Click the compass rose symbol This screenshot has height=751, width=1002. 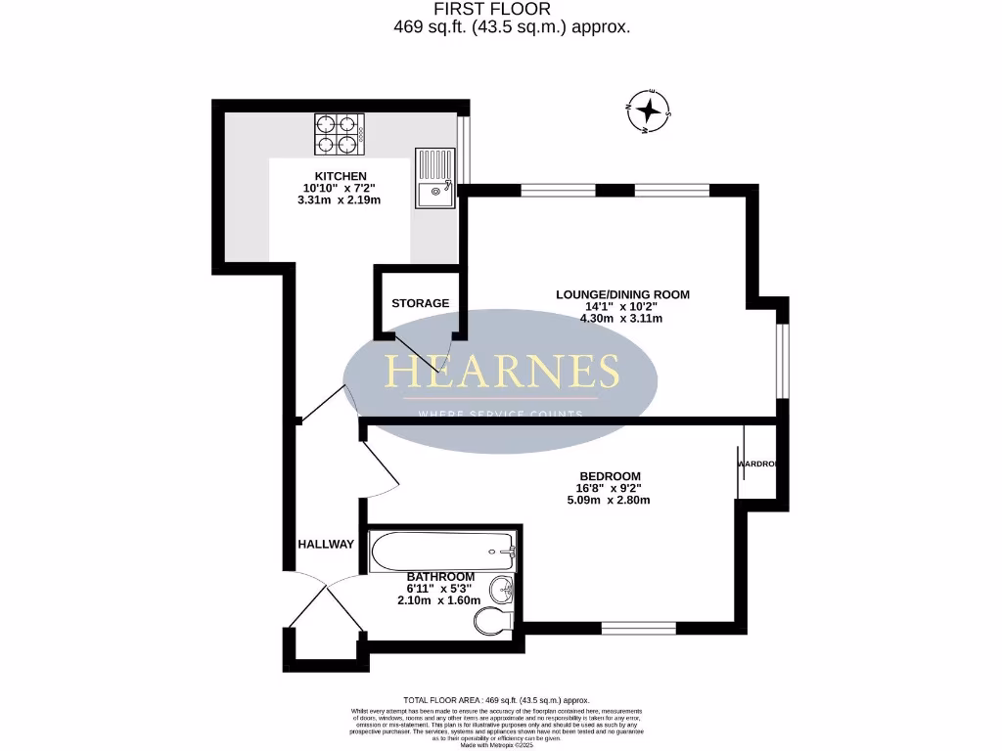click(x=647, y=110)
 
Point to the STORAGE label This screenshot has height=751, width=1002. click(x=421, y=303)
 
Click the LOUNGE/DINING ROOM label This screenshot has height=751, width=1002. click(x=622, y=294)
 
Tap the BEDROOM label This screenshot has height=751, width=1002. click(x=609, y=476)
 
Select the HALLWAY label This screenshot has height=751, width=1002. click(x=326, y=544)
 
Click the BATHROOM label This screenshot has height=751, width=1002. click(x=441, y=576)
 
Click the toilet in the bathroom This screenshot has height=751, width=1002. click(x=492, y=620)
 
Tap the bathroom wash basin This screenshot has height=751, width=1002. click(x=501, y=589)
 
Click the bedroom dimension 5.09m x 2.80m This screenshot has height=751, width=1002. click(x=609, y=500)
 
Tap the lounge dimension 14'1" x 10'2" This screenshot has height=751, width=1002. click(x=622, y=306)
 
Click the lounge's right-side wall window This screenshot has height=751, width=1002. click(x=782, y=360)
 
